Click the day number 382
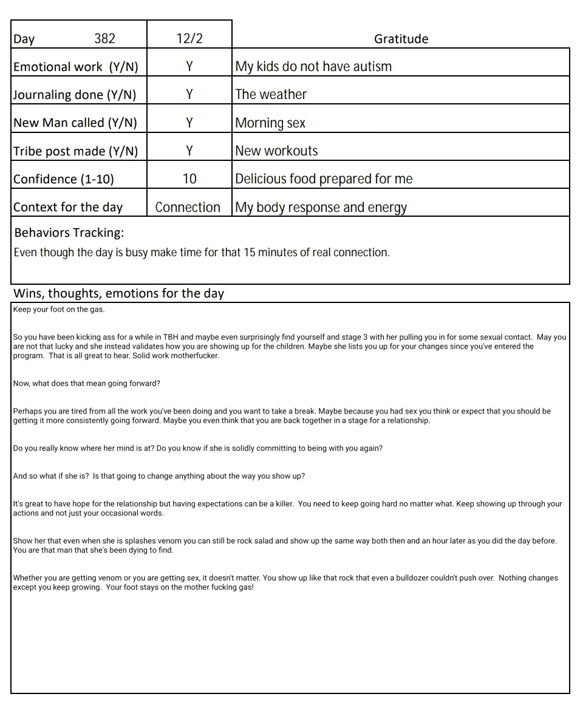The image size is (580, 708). (104, 38)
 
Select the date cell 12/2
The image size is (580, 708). (189, 38)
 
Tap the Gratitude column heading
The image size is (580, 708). (401, 39)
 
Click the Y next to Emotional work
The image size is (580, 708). (189, 66)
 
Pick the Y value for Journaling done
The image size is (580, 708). (189, 94)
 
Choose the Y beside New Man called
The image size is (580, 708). (189, 123)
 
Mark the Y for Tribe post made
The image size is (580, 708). (189, 151)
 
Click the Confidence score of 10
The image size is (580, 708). (189, 179)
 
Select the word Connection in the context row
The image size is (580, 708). (188, 207)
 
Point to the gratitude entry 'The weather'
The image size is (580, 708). (271, 94)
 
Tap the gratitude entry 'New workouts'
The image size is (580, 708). (276, 151)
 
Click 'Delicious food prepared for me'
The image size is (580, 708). (324, 179)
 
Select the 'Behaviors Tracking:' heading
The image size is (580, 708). (69, 233)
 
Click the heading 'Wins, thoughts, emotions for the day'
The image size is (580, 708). (118, 293)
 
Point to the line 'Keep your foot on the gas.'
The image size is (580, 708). (58, 310)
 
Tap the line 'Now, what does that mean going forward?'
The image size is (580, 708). (86, 384)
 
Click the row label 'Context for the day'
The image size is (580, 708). (67, 207)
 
